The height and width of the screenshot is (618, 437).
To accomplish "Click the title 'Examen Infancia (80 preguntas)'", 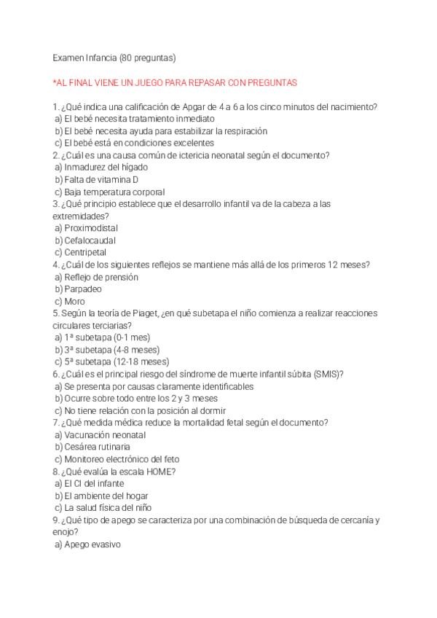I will (114, 57).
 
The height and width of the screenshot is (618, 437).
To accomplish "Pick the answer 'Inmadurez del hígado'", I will (106, 167).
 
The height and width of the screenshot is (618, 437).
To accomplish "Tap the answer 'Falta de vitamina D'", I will (101, 179).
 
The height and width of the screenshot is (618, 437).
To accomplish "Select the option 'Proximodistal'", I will (91, 228).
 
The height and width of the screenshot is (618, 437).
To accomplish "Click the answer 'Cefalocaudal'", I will (90, 240).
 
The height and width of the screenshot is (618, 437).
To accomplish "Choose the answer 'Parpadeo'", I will (82, 289).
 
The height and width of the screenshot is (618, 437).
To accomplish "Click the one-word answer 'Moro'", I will (74, 301).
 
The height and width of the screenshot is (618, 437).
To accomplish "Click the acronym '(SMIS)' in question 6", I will (328, 374).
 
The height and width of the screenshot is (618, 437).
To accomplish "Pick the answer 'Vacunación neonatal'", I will (105, 435).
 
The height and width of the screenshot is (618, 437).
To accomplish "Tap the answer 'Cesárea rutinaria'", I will (98, 447).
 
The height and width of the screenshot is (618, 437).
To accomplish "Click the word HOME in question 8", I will (162, 472).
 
